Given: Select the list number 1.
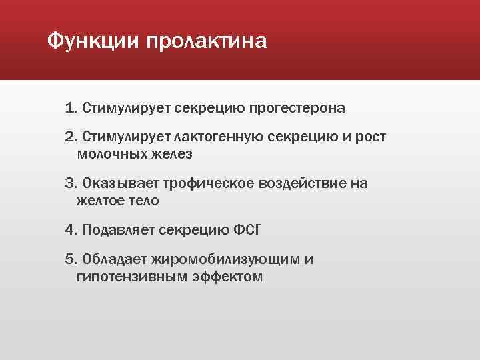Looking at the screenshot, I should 71,107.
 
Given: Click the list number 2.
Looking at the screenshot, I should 71,137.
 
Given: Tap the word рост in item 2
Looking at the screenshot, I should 369,137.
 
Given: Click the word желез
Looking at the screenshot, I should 173,154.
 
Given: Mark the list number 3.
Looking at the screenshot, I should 71,183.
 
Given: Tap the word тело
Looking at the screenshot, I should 144,200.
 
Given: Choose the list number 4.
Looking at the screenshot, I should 71,230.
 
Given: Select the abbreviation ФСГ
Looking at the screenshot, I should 247,230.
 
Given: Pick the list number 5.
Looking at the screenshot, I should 71,259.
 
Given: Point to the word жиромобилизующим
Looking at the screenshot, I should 225,259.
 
